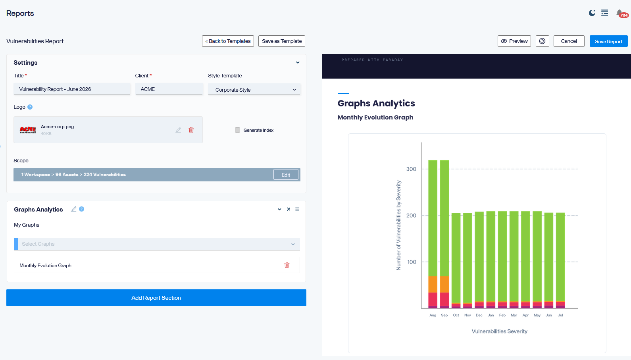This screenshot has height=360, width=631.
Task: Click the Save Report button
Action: [608, 41]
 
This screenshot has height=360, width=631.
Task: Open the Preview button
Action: [514, 41]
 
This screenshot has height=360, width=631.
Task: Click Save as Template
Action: [282, 41]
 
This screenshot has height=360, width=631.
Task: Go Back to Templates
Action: [228, 41]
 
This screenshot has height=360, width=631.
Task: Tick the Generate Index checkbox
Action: [237, 130]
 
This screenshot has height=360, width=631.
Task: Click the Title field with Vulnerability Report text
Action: [72, 89]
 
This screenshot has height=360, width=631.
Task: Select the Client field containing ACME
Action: [169, 89]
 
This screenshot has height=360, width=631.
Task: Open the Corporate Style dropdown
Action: [254, 90]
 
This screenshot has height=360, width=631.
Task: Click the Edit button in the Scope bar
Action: [286, 175]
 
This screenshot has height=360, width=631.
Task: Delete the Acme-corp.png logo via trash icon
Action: [191, 130]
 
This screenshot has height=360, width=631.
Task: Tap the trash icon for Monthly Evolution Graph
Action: [287, 265]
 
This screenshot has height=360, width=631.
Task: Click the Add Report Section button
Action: [156, 298]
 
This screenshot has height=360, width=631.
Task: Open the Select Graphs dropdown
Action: [157, 244]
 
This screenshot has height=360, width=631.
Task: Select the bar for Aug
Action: [433, 234]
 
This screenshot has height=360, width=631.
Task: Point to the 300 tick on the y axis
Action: [411, 169]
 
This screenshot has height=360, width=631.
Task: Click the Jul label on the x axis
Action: [560, 315]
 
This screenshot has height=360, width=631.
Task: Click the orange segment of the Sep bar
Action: [444, 285]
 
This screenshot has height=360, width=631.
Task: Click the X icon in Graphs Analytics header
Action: [289, 209]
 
